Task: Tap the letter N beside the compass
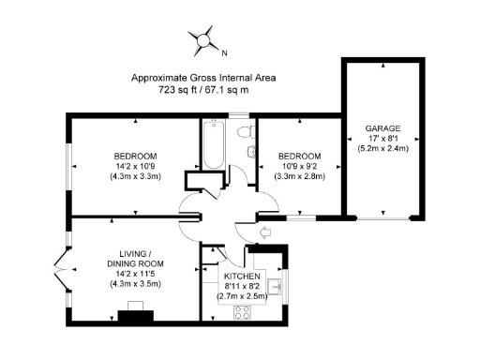point(223,52)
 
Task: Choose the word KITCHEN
point(242,277)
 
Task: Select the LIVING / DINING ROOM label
point(136,258)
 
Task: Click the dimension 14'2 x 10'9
point(136,166)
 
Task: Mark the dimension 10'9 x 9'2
point(299,166)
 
